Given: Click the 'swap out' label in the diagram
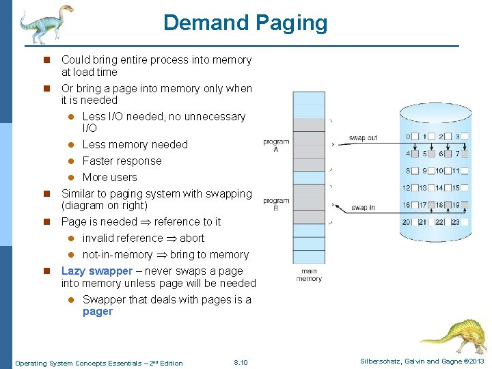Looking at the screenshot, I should (x=363, y=138).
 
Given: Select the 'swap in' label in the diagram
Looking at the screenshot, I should (x=362, y=207).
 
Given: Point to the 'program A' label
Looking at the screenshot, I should (x=276, y=145).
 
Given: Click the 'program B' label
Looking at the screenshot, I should (x=276, y=204).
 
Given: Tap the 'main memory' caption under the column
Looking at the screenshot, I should (x=309, y=275).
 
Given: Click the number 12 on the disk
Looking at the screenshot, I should (x=406, y=188).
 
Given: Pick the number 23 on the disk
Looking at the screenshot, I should (x=456, y=221).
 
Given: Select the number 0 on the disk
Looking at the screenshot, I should (x=408, y=137).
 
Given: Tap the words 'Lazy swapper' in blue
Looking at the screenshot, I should (x=97, y=271).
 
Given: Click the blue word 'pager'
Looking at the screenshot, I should (x=97, y=312).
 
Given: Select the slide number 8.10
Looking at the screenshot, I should (x=241, y=363).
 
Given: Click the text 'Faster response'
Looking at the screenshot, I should (x=122, y=161).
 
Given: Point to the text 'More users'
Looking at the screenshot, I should (x=109, y=178).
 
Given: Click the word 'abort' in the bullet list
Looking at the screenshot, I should (x=192, y=238).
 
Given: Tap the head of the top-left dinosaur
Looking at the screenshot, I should (x=65, y=12).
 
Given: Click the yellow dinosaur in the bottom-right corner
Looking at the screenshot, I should (x=454, y=335).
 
